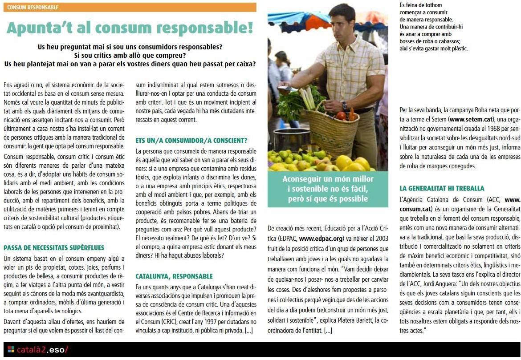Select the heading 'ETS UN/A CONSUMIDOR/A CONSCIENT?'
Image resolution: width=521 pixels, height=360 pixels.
(191, 140)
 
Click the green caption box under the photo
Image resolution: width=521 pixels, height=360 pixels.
(327, 189)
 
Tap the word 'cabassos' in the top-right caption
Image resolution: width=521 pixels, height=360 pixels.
(448, 41)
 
